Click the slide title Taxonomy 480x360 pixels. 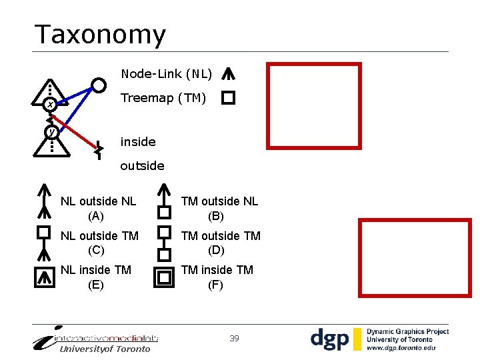point(100,35)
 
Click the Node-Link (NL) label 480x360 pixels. point(166,73)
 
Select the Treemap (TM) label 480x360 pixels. point(163,99)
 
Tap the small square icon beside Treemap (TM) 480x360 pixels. point(228,99)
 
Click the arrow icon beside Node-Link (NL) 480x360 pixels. point(228,74)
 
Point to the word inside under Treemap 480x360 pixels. point(138,142)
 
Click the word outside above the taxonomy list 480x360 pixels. point(142,165)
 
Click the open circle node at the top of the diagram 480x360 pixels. point(99,85)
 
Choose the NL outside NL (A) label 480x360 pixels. point(98,209)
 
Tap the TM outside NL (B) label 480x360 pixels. point(219,209)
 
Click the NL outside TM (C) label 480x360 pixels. point(99,243)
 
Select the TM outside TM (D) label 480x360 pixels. point(221,243)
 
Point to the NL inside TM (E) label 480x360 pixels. point(96,277)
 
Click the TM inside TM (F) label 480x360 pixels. point(217,277)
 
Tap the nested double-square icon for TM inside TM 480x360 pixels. point(163,277)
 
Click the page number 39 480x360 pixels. point(234,339)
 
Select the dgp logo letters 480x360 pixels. point(329,339)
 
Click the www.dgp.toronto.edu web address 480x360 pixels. point(401,348)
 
